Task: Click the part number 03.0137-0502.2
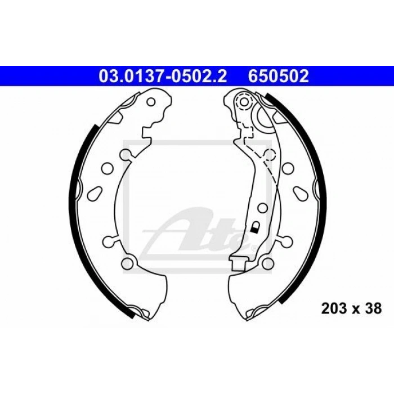point(163,76)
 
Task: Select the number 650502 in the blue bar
point(279,76)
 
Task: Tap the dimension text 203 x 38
point(351,308)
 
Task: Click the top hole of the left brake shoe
point(151,102)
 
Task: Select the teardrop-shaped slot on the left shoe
point(95,194)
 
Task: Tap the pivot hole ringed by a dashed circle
point(244,102)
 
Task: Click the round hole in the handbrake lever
point(262,208)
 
